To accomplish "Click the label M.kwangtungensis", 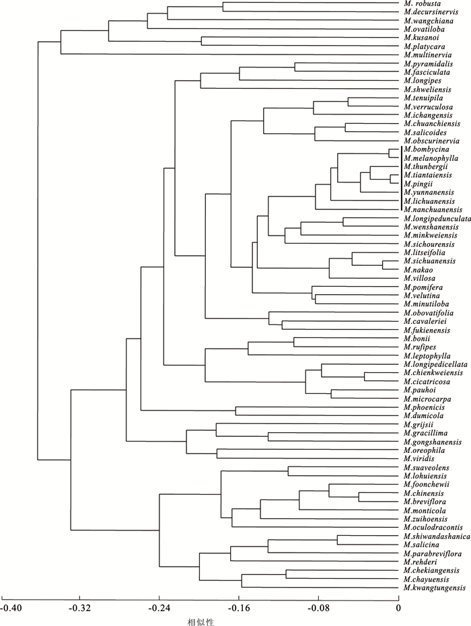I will (x=435, y=588).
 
